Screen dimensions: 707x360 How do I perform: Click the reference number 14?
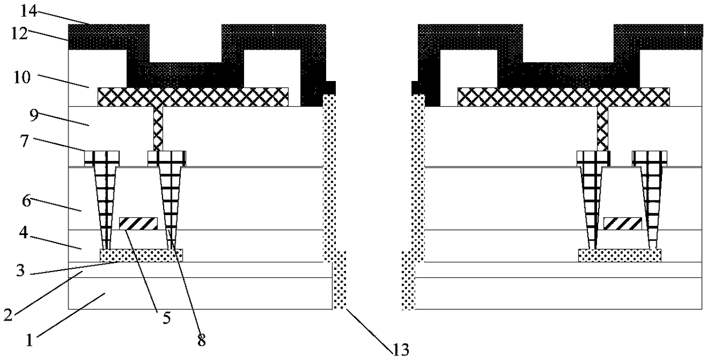point(29,11)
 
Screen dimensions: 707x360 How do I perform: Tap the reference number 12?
point(19,34)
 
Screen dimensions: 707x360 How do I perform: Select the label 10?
point(22,77)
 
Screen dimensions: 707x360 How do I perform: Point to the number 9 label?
point(34,115)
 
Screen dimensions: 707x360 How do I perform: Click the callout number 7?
point(25,141)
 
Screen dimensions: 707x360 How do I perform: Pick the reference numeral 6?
point(26,200)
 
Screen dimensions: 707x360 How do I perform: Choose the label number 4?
point(24,233)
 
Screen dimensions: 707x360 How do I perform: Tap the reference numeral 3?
point(21,270)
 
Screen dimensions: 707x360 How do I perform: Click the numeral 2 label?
point(8,315)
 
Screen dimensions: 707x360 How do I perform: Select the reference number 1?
point(29,341)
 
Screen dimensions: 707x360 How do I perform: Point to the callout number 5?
point(166,318)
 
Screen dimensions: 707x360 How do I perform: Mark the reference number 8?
point(201,341)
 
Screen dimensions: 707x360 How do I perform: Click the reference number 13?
point(400,350)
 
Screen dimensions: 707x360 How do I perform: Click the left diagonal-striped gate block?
point(138,224)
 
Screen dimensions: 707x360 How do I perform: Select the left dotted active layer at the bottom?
point(141,256)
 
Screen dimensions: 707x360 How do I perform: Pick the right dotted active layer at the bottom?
point(620,256)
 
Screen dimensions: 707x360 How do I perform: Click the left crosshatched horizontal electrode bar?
point(193,96)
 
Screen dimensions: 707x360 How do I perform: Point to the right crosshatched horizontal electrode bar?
point(563,96)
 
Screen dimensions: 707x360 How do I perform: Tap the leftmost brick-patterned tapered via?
point(105,200)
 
